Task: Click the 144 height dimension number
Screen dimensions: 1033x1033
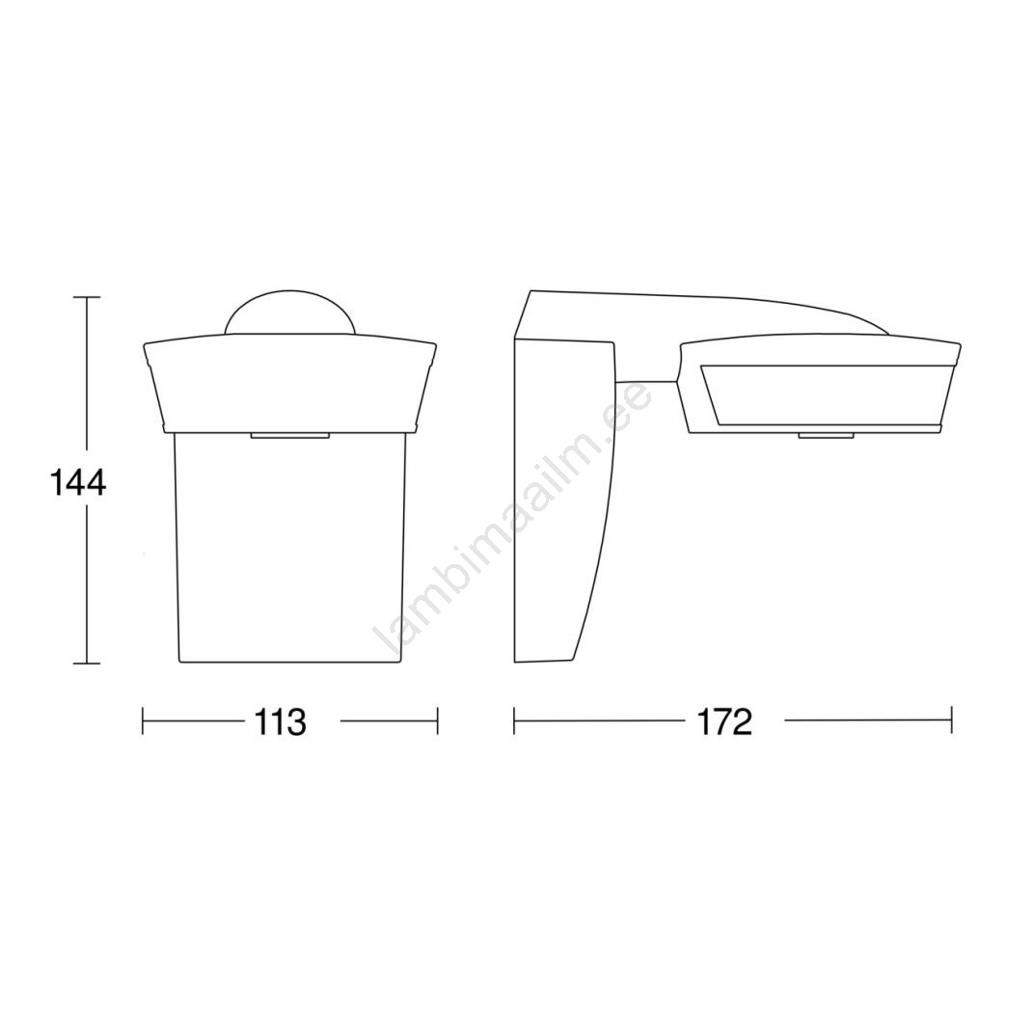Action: click(78, 484)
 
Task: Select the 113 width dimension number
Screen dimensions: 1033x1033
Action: click(280, 722)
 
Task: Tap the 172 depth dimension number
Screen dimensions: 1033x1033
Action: click(724, 722)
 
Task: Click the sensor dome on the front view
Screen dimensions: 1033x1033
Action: click(290, 313)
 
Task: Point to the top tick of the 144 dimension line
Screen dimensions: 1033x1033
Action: click(86, 298)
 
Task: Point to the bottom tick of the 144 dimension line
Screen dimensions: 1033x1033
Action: click(86, 663)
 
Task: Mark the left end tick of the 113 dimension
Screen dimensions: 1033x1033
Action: click(143, 720)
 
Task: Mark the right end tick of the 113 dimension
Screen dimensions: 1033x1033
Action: click(438, 720)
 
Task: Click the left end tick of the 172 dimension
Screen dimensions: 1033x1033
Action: click(514, 720)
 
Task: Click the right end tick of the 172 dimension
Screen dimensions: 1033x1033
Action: click(951, 720)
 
